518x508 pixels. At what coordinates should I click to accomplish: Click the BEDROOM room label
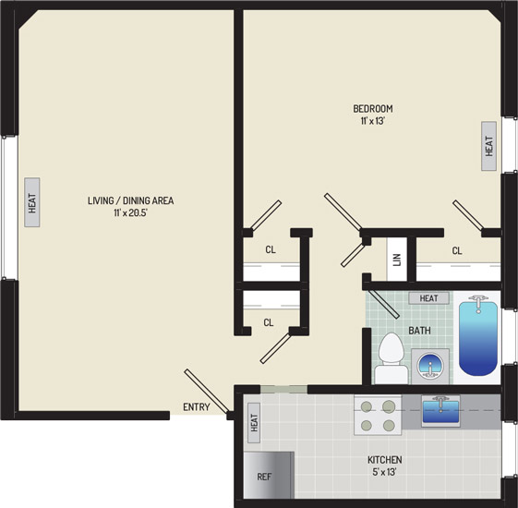(373, 108)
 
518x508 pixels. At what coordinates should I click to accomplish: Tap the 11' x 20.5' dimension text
(130, 212)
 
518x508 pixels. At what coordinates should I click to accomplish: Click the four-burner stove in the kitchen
(378, 415)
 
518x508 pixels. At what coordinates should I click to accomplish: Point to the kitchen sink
(440, 411)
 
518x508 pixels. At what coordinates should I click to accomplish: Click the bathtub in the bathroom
(478, 337)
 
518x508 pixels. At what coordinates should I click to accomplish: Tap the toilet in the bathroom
(392, 358)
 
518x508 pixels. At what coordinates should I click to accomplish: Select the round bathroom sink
(429, 366)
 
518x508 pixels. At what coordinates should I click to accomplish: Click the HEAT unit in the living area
(32, 202)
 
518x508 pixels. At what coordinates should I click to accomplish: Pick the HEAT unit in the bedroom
(489, 146)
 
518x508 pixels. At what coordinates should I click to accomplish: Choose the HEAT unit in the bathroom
(428, 298)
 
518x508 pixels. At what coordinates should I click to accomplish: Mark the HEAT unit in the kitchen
(254, 423)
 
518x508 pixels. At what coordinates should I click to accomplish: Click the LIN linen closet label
(397, 260)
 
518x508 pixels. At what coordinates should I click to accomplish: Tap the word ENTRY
(197, 407)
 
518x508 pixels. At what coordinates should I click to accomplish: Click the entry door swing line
(206, 392)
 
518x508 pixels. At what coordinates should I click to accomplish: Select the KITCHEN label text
(385, 460)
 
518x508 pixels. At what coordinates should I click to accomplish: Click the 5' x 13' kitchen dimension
(384, 472)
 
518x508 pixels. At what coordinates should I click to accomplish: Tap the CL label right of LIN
(457, 251)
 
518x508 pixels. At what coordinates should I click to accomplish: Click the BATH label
(419, 330)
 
